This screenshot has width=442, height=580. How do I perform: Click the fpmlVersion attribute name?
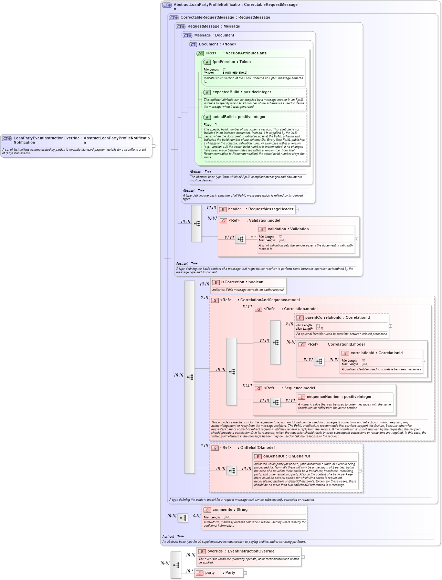point(224,62)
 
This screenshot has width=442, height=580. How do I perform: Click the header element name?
point(234,209)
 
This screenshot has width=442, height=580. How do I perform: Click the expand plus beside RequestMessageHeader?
point(297,209)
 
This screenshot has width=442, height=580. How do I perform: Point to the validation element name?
point(277,229)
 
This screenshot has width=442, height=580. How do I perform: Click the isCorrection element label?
point(233,282)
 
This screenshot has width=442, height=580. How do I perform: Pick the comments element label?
point(222,510)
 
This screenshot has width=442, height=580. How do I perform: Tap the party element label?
point(210,573)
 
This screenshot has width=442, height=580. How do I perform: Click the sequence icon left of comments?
point(183,518)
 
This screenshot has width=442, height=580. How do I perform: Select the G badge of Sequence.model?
point(259,388)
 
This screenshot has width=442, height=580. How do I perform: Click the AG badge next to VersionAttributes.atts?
point(200,53)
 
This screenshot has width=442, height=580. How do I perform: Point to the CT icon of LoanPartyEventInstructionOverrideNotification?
point(7,138)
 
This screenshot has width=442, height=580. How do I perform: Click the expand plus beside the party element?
point(245,573)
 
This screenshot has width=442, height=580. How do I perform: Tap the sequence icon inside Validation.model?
point(240,239)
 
